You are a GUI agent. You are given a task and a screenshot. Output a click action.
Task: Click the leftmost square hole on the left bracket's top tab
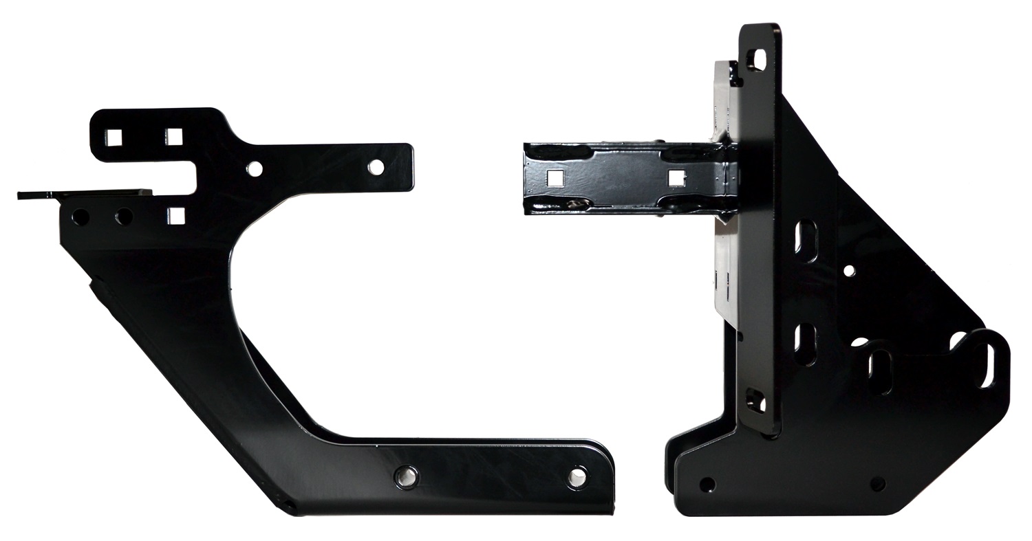(115, 137)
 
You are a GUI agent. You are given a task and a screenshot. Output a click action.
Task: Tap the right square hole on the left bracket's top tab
(174, 137)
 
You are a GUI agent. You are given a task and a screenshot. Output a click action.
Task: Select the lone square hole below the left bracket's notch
(176, 216)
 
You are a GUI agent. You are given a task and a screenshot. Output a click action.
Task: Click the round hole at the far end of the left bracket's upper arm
(376, 167)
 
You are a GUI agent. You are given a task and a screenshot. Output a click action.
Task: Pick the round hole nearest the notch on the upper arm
(255, 168)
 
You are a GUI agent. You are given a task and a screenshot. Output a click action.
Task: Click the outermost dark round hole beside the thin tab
(80, 217)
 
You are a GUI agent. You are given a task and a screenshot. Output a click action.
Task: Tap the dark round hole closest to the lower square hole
(124, 217)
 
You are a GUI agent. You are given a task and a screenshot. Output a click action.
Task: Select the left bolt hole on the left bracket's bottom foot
(406, 476)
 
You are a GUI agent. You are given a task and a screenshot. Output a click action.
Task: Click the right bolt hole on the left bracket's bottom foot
(577, 477)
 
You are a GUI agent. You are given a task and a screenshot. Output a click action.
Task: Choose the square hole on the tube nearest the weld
(676, 178)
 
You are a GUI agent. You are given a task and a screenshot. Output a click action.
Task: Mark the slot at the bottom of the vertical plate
(755, 401)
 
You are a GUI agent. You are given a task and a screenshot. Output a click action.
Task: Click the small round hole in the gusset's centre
(849, 271)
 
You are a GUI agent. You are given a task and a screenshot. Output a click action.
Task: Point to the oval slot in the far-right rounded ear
(988, 366)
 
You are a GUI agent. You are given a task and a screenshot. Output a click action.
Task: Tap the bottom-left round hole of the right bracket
(707, 485)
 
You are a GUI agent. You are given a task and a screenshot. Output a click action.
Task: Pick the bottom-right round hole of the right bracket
(878, 484)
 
